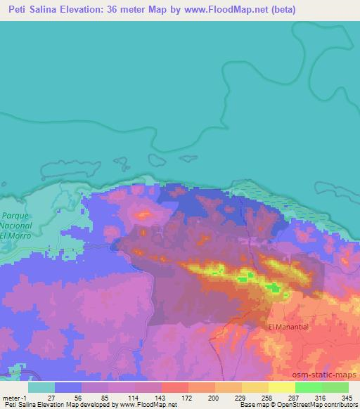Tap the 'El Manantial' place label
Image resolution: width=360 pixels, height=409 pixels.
pyautogui.click(x=288, y=327)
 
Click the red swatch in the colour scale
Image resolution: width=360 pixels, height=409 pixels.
pyautogui.click(x=174, y=387)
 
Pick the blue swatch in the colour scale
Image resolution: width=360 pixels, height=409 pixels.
pyautogui.click(x=67, y=387)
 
